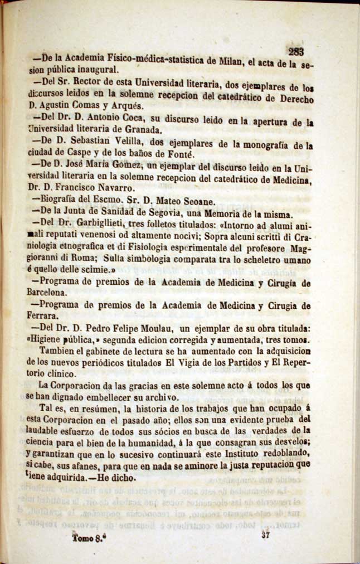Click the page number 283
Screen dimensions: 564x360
(x=296, y=52)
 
